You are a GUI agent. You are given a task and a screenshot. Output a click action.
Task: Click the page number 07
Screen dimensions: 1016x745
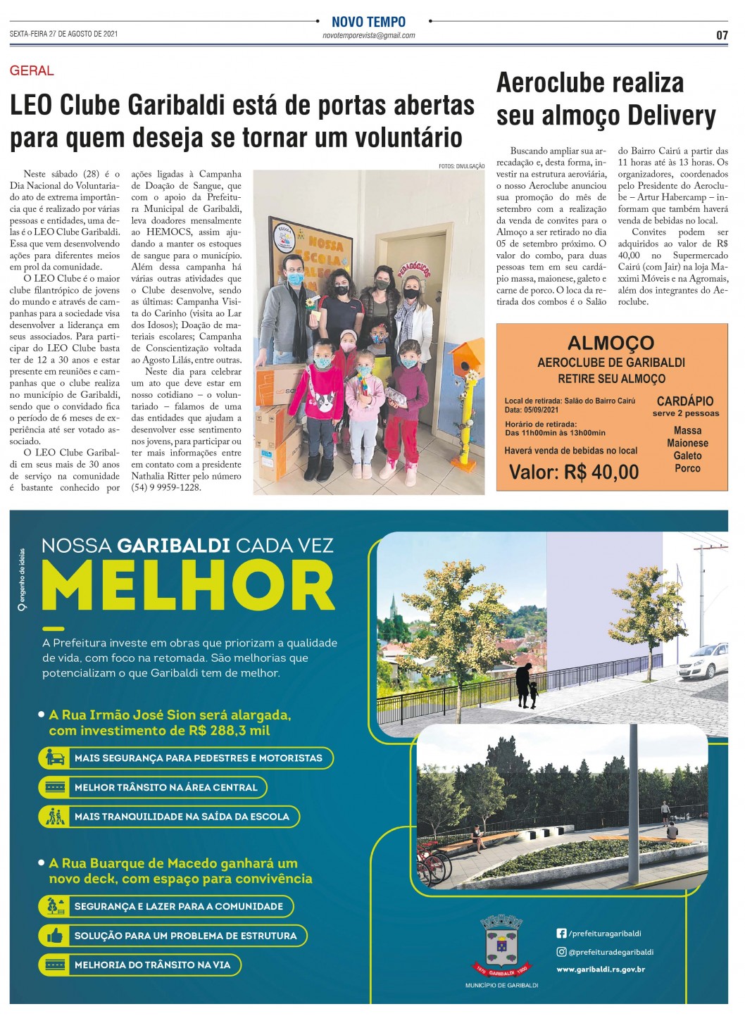[x=722, y=35]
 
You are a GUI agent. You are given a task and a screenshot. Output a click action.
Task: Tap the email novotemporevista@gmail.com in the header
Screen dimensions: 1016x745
[x=368, y=35]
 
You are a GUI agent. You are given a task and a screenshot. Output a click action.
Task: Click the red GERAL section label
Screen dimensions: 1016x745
[x=32, y=70]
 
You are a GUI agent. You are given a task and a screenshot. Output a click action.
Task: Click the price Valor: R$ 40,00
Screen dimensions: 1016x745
[x=574, y=472]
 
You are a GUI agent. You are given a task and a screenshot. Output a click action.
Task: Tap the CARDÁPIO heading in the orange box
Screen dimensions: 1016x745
[x=684, y=401]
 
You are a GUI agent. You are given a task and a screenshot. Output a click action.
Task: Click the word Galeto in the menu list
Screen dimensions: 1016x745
[x=687, y=456]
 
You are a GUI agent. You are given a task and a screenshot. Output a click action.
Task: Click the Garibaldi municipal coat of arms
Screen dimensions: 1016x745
[x=501, y=946]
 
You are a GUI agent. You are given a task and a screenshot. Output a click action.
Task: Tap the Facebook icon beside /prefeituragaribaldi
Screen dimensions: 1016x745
[x=561, y=933]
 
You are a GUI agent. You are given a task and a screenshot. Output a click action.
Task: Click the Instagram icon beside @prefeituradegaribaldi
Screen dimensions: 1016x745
[x=561, y=951]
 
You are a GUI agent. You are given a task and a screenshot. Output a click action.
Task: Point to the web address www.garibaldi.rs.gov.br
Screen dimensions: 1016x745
[x=600, y=970]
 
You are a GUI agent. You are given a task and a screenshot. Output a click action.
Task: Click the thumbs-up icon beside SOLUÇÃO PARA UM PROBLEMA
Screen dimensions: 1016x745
[x=55, y=936]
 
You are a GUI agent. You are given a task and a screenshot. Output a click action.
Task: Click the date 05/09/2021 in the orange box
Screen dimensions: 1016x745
[x=541, y=410]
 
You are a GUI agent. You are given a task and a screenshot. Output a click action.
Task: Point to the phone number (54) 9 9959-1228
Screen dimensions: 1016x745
[x=166, y=487]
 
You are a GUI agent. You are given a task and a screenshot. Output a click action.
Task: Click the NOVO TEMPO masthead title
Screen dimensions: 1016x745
[x=368, y=22]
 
